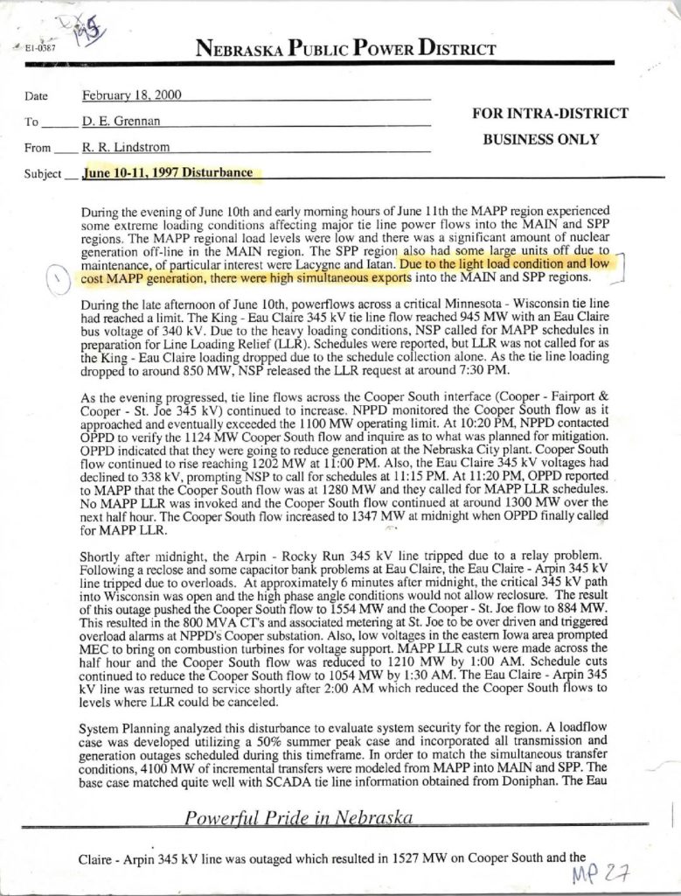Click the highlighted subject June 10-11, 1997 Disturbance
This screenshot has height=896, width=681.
(169, 173)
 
